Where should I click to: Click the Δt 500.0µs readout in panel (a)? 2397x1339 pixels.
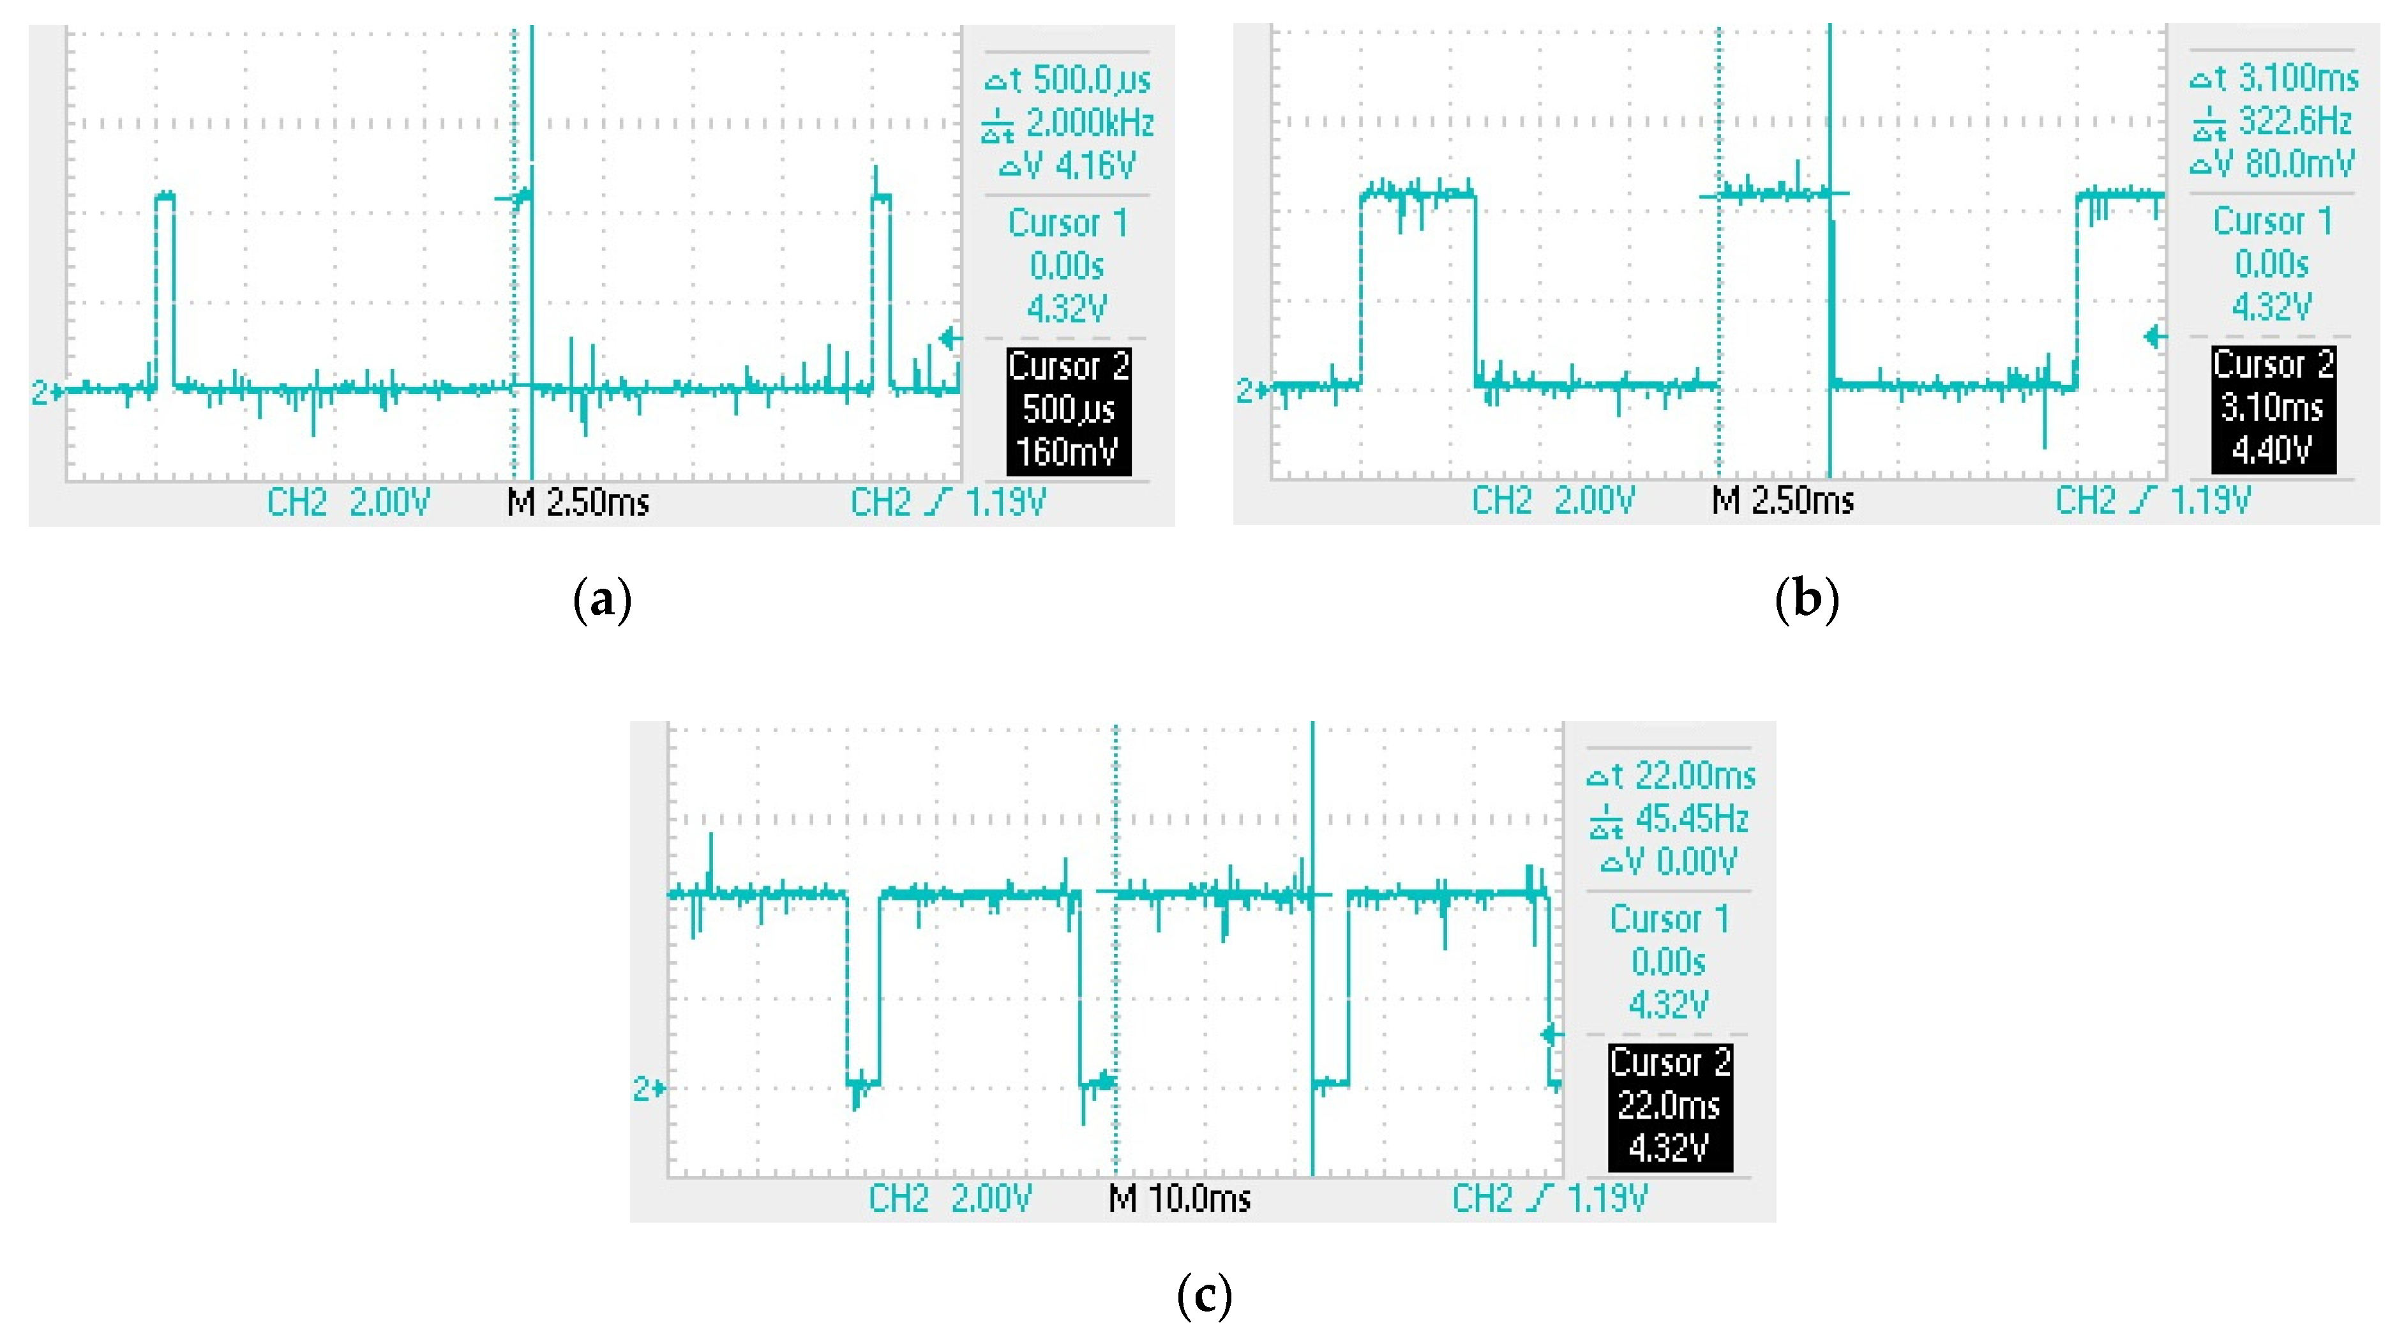pyautogui.click(x=1067, y=80)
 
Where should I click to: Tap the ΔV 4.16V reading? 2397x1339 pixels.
pyautogui.click(x=1067, y=165)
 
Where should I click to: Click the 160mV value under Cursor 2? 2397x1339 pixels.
pyautogui.click(x=1067, y=451)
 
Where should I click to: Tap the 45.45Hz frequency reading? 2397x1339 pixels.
pyautogui.click(x=1691, y=819)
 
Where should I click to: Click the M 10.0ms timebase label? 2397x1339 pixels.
pyautogui.click(x=1179, y=1199)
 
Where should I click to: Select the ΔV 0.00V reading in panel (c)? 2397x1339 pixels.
pyautogui.click(x=1669, y=861)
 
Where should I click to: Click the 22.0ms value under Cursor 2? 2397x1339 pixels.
pyautogui.click(x=1669, y=1105)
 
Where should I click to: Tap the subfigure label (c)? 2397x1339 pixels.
pyautogui.click(x=1204, y=1296)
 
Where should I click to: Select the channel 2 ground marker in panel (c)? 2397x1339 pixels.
pyautogui.click(x=648, y=1088)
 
